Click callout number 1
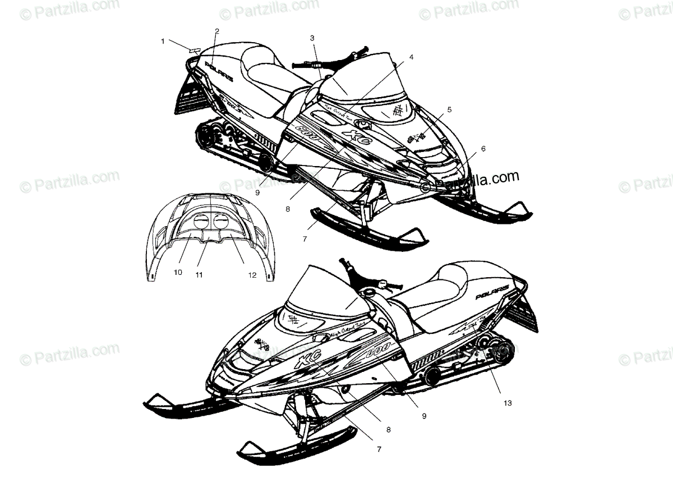163,41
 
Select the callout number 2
217,31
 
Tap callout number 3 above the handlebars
312,38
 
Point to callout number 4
411,57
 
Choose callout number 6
483,149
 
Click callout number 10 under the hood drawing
178,273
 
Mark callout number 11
199,275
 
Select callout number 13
508,403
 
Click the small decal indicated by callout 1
195,50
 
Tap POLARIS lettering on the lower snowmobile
492,292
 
